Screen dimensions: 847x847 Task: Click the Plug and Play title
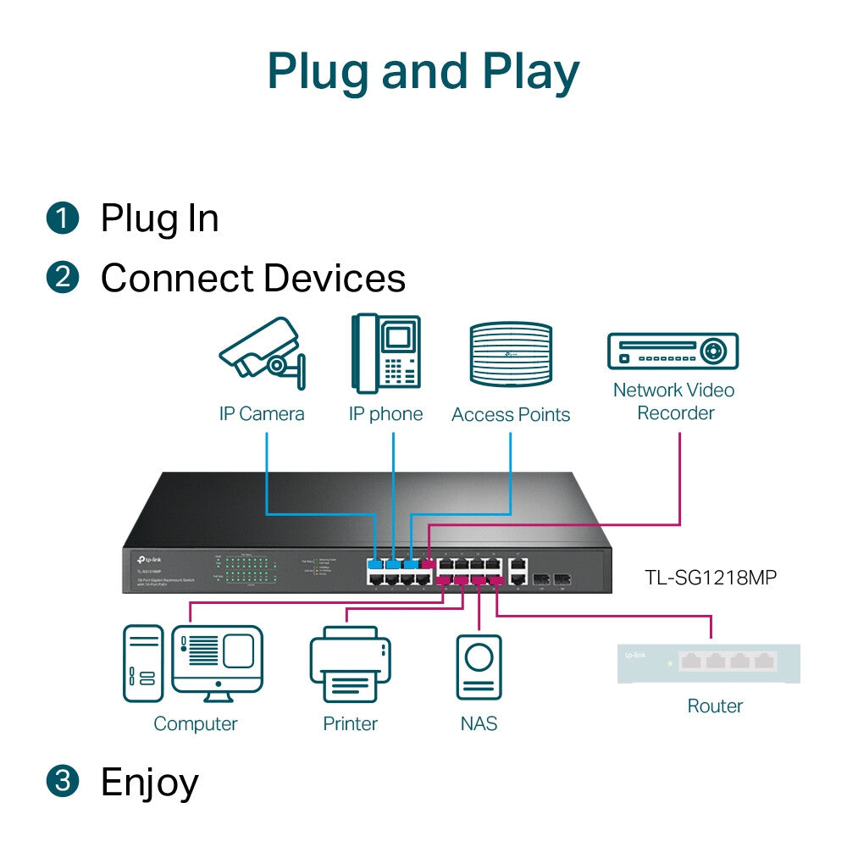[423, 72]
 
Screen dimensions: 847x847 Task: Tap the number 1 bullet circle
[62, 219]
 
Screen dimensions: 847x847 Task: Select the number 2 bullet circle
[62, 278]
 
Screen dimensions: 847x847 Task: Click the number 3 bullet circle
[62, 781]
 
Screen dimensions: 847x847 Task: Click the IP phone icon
[386, 353]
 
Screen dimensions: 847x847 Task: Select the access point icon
[511, 356]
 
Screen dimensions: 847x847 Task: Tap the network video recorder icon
[673, 351]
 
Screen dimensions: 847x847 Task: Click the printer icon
[350, 666]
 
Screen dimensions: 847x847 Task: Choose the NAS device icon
[479, 667]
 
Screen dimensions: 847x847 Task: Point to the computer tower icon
[143, 662]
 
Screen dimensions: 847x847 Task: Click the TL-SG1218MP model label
[710, 578]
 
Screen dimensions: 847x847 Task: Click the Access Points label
[511, 414]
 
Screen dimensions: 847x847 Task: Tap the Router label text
[715, 706]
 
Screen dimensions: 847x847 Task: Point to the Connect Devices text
[252, 278]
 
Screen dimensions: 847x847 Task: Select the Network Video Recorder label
[674, 401]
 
